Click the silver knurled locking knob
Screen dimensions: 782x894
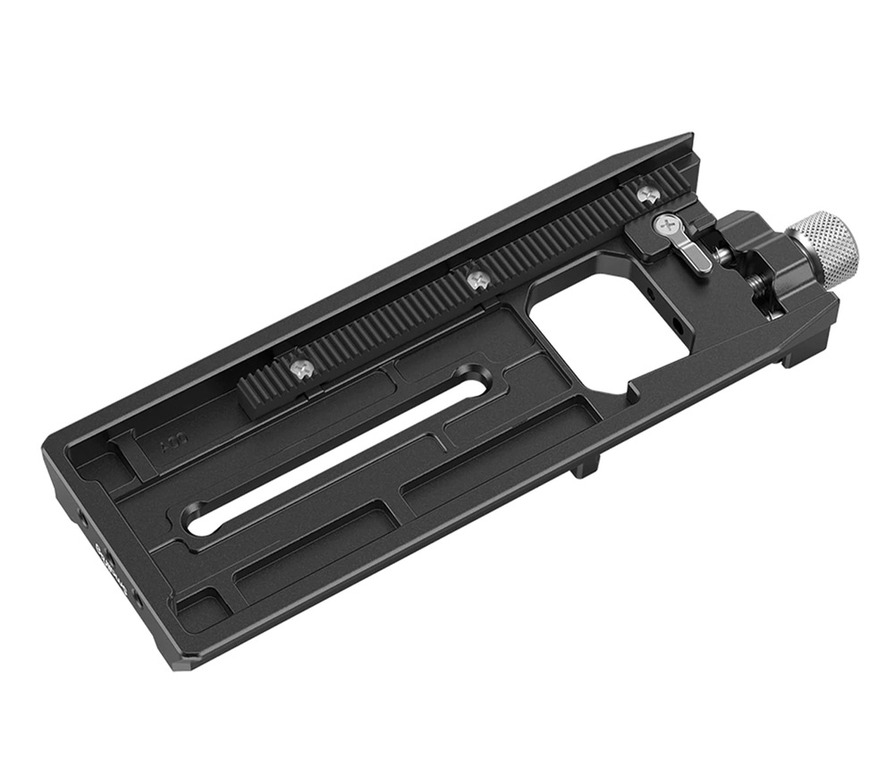pyautogui.click(x=825, y=249)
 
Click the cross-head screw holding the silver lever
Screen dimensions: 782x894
pyautogui.click(x=666, y=225)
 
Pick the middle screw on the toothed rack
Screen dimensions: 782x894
pyautogui.click(x=476, y=279)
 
